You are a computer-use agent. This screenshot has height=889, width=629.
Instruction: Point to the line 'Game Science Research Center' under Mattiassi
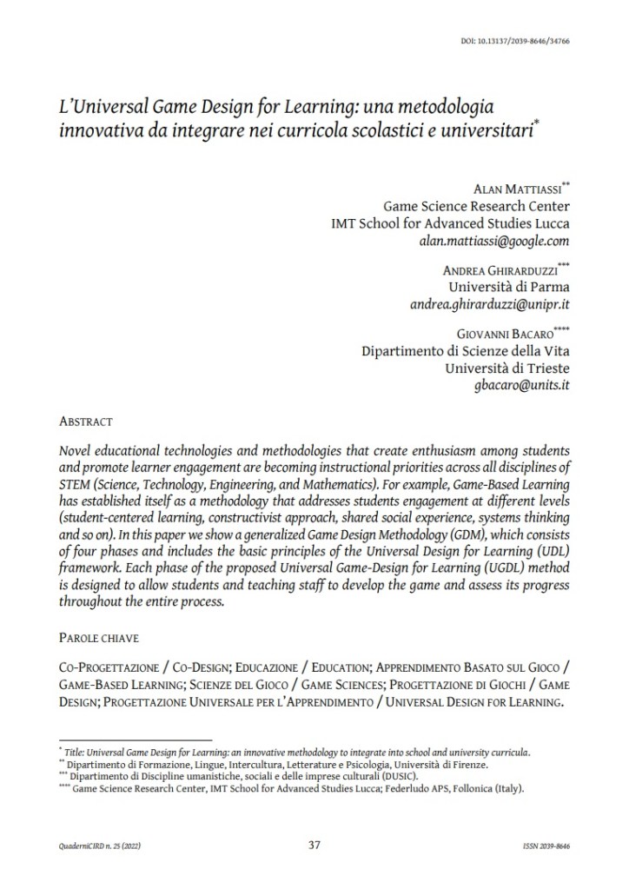(476, 205)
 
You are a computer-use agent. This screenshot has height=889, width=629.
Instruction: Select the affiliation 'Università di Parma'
(507, 285)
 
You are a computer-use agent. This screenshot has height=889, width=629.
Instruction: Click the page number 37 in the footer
(315, 844)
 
